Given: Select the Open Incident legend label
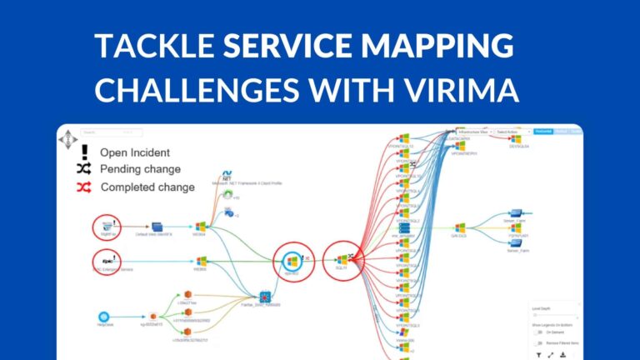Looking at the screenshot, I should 135,152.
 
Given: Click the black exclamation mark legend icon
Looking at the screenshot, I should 83,152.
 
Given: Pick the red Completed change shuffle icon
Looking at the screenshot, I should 83,187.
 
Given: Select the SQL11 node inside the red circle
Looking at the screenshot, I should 342,259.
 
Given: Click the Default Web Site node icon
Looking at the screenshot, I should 156,225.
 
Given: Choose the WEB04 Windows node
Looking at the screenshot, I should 200,226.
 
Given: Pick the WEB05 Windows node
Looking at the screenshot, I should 200,260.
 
